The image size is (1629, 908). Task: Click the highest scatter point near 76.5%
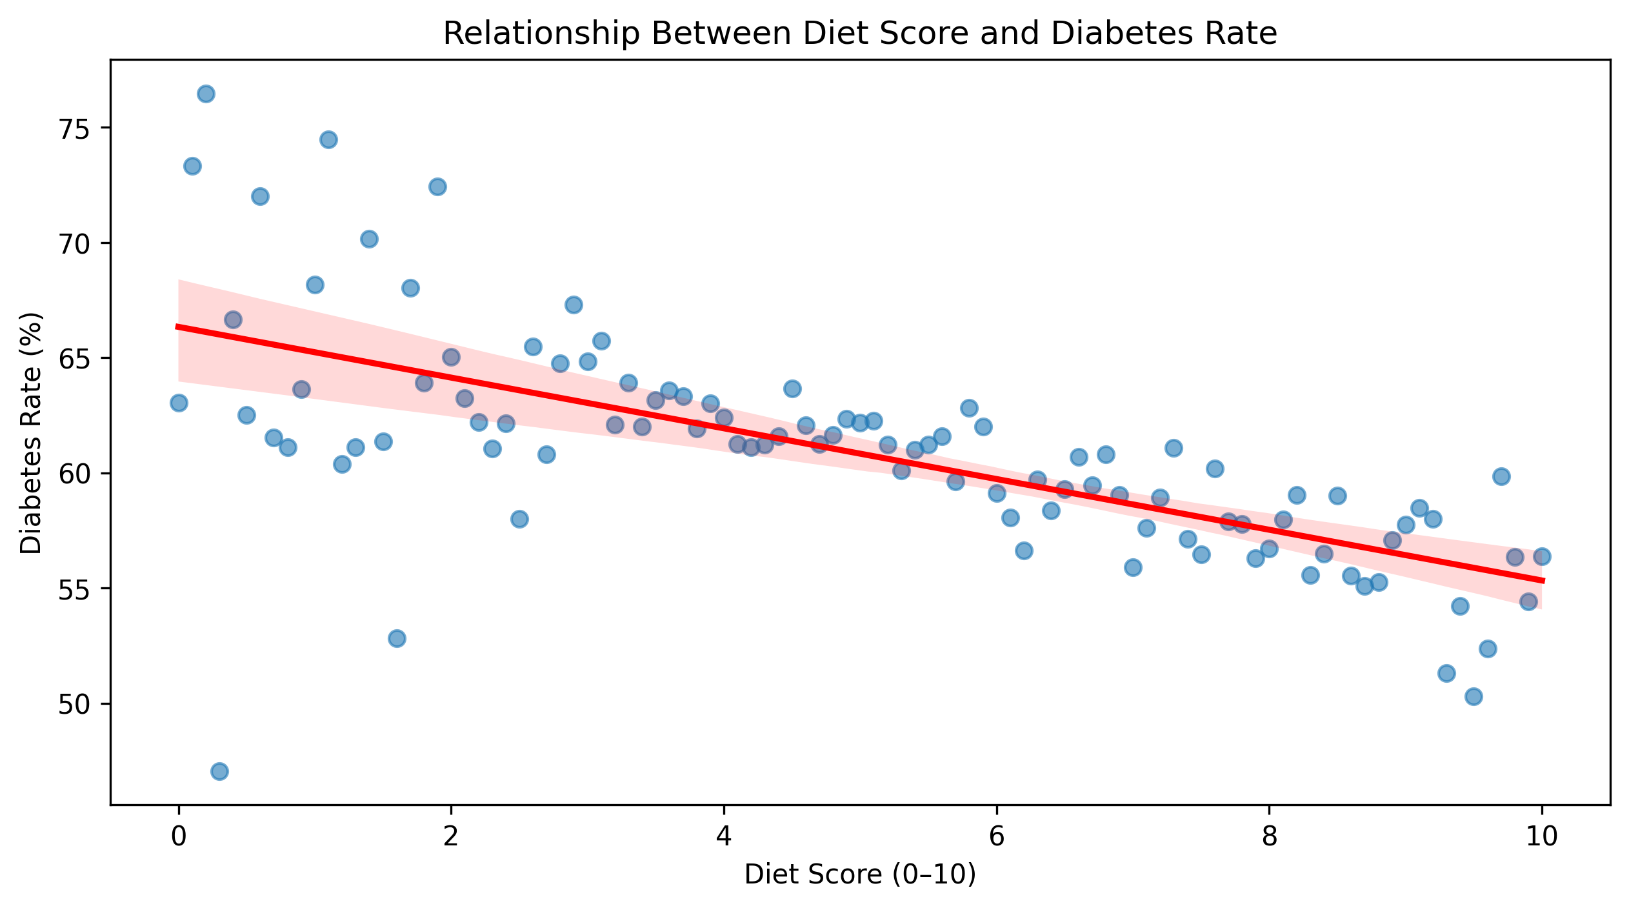click(x=206, y=94)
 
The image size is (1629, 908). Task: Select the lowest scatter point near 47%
click(x=219, y=771)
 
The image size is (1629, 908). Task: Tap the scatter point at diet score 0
click(x=179, y=403)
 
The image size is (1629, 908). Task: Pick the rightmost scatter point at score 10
click(x=1542, y=556)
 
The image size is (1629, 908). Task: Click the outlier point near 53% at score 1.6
click(x=397, y=638)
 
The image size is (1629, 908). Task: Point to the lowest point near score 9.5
click(x=1474, y=696)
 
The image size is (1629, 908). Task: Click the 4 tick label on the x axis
click(x=724, y=837)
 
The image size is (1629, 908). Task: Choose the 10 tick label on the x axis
click(x=1542, y=837)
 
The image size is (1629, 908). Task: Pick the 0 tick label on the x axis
click(x=179, y=837)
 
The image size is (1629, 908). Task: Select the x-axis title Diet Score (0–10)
click(x=860, y=874)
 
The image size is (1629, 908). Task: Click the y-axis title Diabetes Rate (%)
click(x=31, y=433)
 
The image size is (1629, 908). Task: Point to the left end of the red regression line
click(x=179, y=327)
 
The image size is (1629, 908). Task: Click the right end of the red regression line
click(x=1542, y=581)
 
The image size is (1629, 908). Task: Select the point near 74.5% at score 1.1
click(x=328, y=140)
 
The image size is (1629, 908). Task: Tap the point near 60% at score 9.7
click(x=1501, y=476)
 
